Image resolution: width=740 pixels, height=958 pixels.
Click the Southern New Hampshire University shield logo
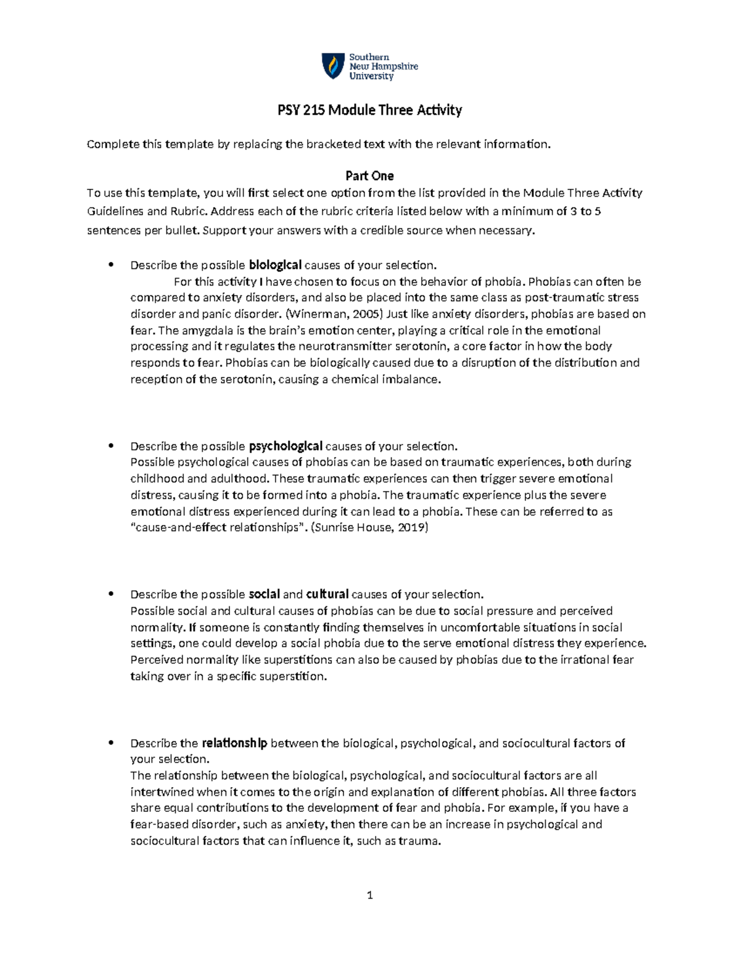click(x=334, y=66)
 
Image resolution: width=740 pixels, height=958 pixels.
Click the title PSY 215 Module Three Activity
click(x=369, y=110)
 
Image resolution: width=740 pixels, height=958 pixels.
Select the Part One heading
click(x=369, y=176)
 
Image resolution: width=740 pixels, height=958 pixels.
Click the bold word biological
click(x=275, y=265)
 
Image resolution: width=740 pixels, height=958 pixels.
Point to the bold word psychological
click(x=286, y=446)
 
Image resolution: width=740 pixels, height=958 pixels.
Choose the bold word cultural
click(x=327, y=595)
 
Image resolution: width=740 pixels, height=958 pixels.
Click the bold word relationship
click(x=234, y=743)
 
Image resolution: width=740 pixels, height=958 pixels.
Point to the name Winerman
click(x=322, y=314)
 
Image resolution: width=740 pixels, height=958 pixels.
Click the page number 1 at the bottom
click(x=369, y=895)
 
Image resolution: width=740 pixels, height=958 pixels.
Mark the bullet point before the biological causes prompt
click(x=111, y=265)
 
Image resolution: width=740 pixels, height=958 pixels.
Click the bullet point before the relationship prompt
click(x=111, y=743)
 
